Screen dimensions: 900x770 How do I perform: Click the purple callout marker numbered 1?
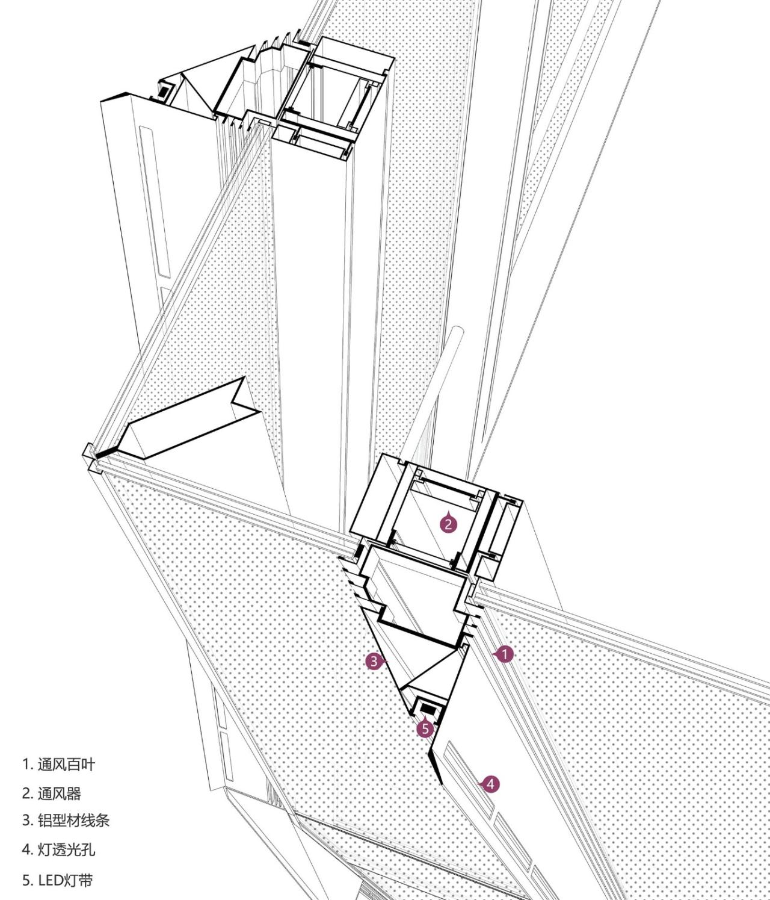505,654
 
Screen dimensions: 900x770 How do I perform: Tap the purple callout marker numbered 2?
448,523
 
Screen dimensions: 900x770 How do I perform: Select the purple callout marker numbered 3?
374,661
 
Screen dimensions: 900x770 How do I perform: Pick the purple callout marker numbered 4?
491,784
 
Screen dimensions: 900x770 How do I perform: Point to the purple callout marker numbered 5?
425,728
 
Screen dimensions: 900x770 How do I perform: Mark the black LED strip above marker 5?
428,707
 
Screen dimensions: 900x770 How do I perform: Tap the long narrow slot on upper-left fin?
154,199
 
